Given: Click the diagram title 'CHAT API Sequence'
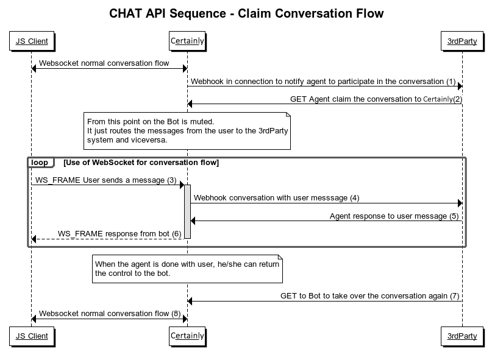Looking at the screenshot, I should (x=246, y=13).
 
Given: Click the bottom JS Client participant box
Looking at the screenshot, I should (x=32, y=336).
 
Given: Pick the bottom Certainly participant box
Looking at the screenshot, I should (x=187, y=336).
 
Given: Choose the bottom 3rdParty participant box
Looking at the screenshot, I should (x=462, y=336).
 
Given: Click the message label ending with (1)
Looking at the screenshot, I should (x=323, y=81).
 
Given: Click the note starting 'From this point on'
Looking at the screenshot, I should (x=187, y=130).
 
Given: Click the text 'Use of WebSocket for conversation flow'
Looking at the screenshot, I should (x=141, y=163).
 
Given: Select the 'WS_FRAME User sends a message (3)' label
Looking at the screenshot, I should (x=105, y=180).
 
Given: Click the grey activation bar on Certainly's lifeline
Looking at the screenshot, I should (x=187, y=211).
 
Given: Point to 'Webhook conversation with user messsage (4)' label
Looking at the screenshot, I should (x=276, y=198).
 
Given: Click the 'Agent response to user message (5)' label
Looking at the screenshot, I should (x=394, y=216).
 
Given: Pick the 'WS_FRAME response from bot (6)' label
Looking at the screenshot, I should (x=119, y=233).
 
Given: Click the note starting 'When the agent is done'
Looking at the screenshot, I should (x=187, y=269).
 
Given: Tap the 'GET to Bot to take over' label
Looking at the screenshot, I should (x=369, y=296).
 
